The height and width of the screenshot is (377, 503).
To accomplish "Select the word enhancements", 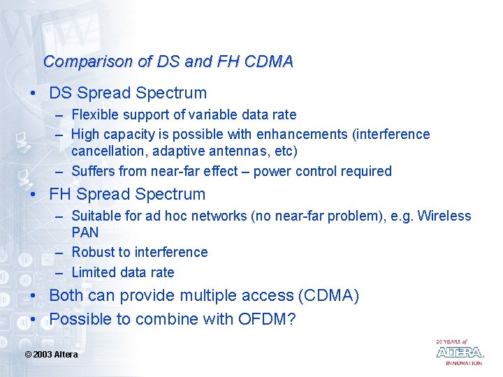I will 302,134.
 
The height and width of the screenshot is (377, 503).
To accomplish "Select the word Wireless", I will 444,216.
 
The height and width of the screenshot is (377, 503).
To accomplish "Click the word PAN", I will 85,232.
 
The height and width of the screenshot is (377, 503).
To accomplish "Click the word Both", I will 66,295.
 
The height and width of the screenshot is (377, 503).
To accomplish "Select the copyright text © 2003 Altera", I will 51,355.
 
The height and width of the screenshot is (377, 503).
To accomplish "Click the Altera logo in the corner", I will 459,352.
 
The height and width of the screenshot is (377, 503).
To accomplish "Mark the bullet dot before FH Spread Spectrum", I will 33,195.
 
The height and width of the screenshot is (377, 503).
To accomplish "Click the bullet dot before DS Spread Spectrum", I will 33,94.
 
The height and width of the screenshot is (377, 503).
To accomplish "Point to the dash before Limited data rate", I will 61,272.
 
